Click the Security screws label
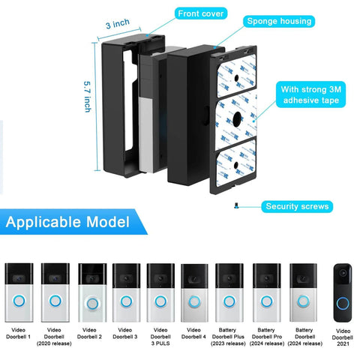tap(298, 205)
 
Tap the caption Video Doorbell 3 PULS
tap(160, 337)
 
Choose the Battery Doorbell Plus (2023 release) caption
tap(229, 337)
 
